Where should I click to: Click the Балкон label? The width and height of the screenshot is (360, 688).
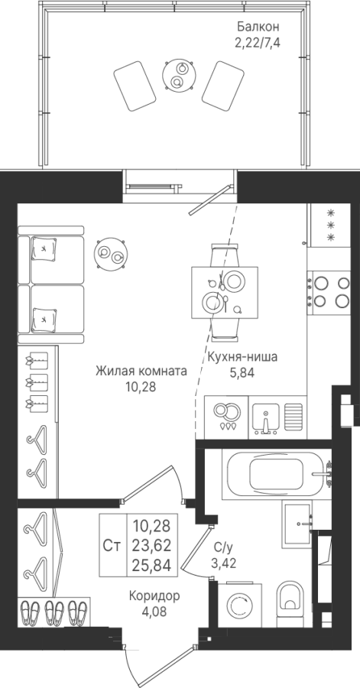[x=258, y=27]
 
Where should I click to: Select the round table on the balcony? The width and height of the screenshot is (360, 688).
[x=178, y=75]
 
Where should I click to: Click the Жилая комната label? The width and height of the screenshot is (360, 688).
[x=141, y=372]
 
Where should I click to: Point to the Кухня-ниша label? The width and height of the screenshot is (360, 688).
[x=242, y=357]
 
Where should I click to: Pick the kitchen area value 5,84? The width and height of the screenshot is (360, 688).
[x=242, y=373]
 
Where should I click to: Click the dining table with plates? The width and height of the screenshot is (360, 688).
[x=225, y=293]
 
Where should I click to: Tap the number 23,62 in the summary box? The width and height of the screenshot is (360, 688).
[x=151, y=545]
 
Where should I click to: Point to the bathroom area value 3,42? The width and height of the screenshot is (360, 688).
[x=225, y=563]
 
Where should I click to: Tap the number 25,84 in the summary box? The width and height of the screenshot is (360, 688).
[x=151, y=565]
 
